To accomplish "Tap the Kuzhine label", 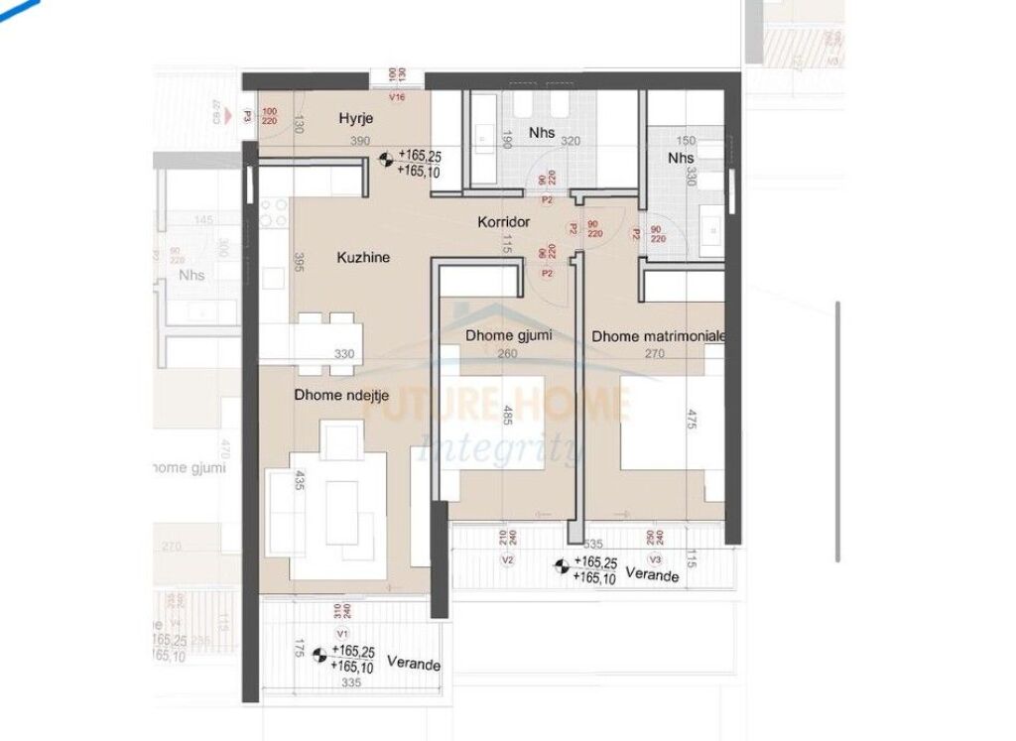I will click(362, 257).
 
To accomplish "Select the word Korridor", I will click(505, 223).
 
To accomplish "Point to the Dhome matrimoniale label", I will click(659, 336).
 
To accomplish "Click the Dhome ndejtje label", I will click(340, 395).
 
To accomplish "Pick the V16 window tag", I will click(398, 97).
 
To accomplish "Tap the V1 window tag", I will click(342, 632).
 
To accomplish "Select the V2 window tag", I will click(508, 560).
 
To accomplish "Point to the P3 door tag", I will click(247, 116).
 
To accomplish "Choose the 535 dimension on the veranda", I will click(593, 545).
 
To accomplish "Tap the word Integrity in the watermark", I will click(500, 448).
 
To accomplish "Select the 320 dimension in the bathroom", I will click(570, 142).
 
